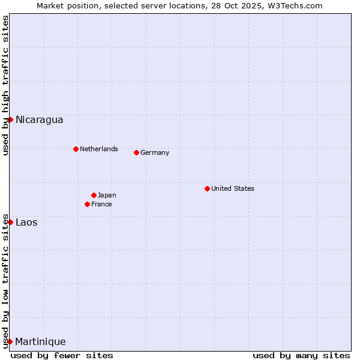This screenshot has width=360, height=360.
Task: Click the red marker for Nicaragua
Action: (x=10, y=119)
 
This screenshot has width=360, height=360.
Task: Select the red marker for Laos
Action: (x=10, y=222)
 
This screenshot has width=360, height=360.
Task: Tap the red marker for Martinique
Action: (x=10, y=341)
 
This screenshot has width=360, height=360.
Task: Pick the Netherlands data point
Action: (x=76, y=149)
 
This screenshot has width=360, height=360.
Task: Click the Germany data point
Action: (x=136, y=152)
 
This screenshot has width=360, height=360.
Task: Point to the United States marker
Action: (x=207, y=188)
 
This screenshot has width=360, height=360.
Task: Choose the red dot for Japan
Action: (x=94, y=195)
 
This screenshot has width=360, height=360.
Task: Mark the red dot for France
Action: (x=87, y=204)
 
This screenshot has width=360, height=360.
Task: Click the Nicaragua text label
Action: (x=39, y=120)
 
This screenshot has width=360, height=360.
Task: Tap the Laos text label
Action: (x=26, y=223)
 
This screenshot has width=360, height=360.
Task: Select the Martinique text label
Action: (x=40, y=342)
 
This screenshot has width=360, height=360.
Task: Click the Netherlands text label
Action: (x=98, y=149)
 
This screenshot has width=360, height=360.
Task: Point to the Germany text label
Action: (x=155, y=152)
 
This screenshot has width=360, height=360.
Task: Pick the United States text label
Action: (x=232, y=188)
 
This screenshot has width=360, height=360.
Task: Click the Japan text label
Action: (x=107, y=195)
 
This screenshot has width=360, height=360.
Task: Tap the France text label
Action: (x=101, y=204)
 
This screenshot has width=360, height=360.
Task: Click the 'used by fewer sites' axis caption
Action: (x=62, y=355)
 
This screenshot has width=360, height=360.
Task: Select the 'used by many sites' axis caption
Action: (x=301, y=355)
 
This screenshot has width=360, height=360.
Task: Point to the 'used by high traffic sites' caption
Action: (x=5, y=86)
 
